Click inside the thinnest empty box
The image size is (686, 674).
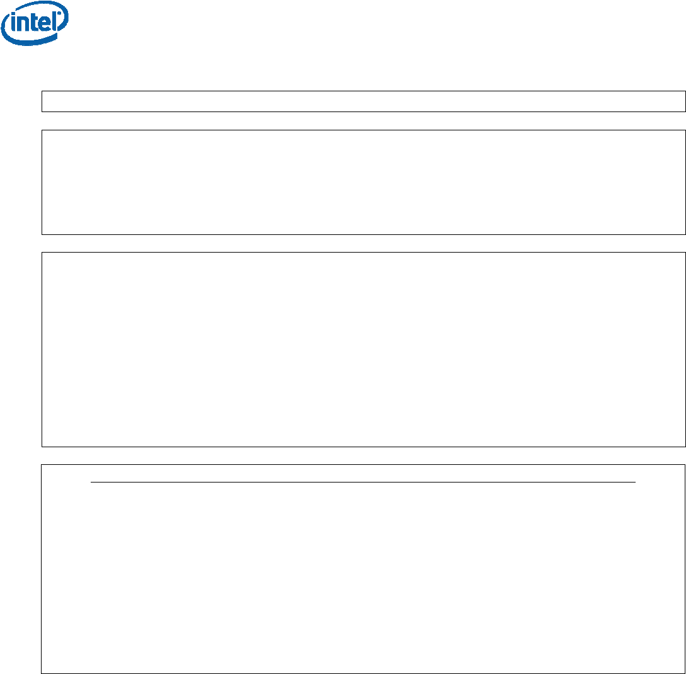[x=363, y=101]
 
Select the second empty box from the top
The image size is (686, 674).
[x=363, y=182]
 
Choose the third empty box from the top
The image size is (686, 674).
[x=363, y=350]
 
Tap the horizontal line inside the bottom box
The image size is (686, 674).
[x=363, y=482]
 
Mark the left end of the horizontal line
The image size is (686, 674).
[x=91, y=482]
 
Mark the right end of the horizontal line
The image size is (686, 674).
[x=635, y=482]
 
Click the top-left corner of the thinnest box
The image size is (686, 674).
[x=42, y=91]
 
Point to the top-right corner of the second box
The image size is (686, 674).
[x=685, y=130]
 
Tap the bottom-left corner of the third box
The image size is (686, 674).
[x=42, y=446]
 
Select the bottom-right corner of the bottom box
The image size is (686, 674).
[x=685, y=673]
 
